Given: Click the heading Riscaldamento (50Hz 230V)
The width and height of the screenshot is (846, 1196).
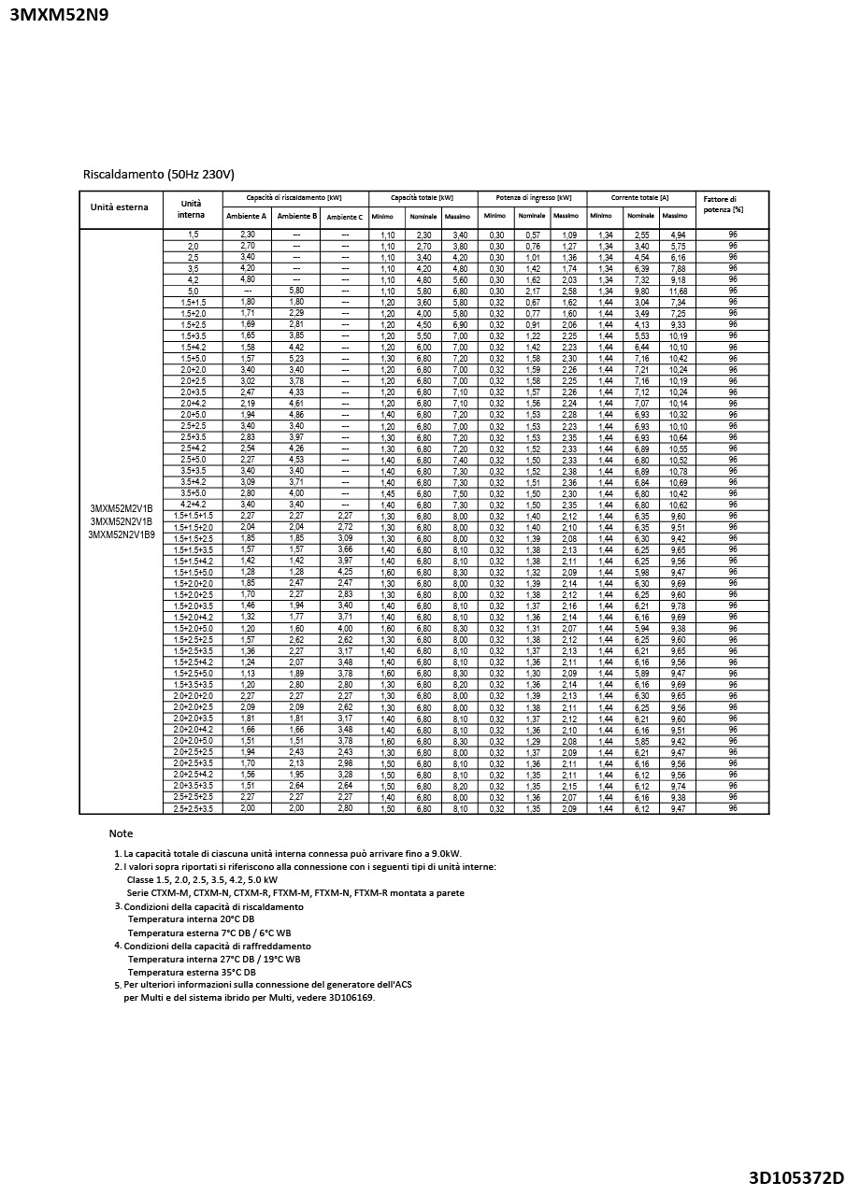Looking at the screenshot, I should point(158,174).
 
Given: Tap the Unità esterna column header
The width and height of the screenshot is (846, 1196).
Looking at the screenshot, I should point(119,206).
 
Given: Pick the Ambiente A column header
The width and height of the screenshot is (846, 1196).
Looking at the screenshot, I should point(247,217).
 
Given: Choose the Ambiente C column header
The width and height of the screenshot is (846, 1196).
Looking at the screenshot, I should point(344,217).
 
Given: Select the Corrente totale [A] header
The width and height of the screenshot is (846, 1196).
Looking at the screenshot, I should point(640,198).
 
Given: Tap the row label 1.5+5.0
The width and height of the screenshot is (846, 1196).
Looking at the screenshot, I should point(193,359).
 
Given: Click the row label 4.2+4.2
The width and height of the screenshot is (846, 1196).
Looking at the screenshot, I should point(193,505).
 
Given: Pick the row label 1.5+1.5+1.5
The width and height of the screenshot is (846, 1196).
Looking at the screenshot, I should point(193,516).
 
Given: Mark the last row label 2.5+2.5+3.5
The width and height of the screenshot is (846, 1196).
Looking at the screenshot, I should point(193,808).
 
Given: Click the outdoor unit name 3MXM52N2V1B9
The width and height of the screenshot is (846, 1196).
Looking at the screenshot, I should point(122,534).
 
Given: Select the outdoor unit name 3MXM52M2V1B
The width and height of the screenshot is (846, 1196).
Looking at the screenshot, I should point(122,508).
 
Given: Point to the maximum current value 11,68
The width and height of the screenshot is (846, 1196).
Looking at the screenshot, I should point(678,291).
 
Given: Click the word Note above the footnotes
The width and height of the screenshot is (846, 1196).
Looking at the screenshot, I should point(121,833).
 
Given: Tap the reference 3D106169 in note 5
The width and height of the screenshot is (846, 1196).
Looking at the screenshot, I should point(350,998).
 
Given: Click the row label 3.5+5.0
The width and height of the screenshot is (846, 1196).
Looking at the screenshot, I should point(193,493).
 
